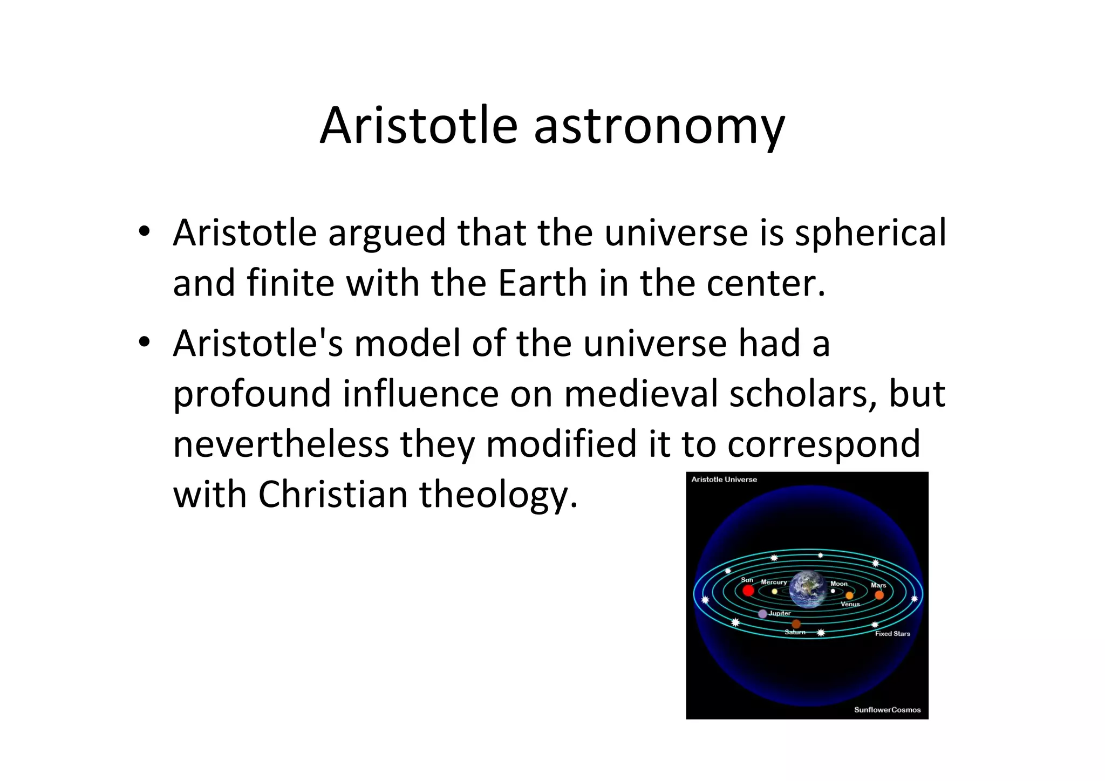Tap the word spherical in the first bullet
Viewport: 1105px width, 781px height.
(x=870, y=233)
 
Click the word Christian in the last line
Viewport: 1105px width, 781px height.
(x=333, y=494)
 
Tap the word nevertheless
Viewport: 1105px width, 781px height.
(x=281, y=444)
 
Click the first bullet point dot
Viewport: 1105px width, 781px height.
(x=144, y=232)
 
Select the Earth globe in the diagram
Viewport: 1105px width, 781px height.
(x=807, y=590)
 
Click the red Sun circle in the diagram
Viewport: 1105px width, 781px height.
(x=748, y=591)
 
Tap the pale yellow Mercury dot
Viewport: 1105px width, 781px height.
(x=775, y=591)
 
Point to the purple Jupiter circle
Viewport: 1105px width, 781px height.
(x=762, y=614)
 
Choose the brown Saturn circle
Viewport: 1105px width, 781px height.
(x=796, y=624)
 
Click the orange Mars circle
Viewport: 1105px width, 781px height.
(x=879, y=595)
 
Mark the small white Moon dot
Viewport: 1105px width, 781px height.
(x=833, y=591)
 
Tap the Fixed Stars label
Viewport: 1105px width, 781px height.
(x=892, y=634)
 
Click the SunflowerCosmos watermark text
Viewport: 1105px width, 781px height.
(x=887, y=710)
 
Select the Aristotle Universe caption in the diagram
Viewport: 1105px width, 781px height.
(x=724, y=479)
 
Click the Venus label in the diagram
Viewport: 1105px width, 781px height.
(x=850, y=605)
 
